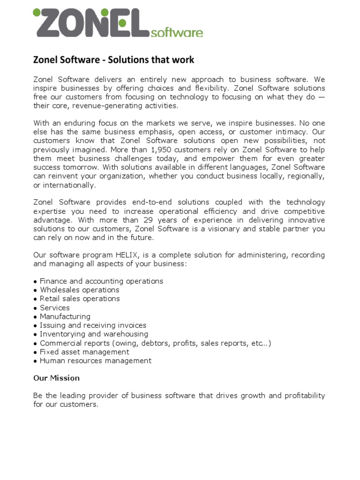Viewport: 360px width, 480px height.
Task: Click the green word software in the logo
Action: [177, 33]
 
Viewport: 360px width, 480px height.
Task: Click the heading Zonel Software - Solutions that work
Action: [113, 60]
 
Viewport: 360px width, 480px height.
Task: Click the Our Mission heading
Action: [57, 378]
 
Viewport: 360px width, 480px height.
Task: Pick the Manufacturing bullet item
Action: [65, 316]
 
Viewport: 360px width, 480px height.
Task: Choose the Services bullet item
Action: [55, 307]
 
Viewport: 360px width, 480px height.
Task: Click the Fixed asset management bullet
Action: [84, 352]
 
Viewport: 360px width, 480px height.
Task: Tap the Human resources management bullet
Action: [96, 360]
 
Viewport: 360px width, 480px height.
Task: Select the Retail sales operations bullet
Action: [80, 299]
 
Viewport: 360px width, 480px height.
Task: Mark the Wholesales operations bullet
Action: [79, 290]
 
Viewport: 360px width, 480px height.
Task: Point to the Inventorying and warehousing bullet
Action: [94, 334]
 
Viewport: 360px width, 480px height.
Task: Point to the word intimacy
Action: [295, 132]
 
